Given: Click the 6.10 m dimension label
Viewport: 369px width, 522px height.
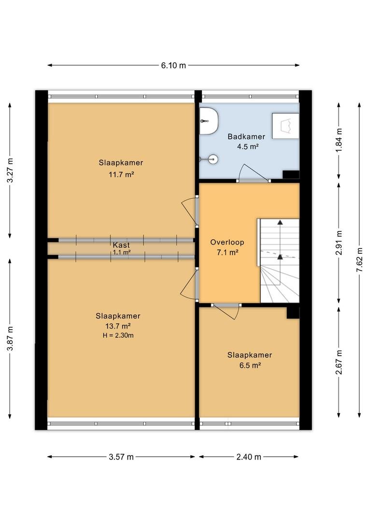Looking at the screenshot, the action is (173, 65).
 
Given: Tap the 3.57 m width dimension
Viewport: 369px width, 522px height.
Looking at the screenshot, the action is (121, 457).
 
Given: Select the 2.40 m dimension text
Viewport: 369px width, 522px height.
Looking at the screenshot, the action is (249, 457).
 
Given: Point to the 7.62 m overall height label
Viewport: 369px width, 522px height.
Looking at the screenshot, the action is (359, 260).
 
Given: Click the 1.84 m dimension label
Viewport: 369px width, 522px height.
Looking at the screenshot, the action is (339, 140).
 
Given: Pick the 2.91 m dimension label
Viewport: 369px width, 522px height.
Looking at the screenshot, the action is (339, 243).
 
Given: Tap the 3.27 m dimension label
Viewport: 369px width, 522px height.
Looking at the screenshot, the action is (10, 170).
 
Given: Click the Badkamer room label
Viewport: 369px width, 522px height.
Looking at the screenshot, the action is (246, 136).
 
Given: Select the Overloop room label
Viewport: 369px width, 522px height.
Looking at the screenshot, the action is (227, 242).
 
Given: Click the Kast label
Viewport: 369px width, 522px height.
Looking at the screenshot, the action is (121, 246).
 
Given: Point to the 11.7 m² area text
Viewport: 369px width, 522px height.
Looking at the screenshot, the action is (121, 174).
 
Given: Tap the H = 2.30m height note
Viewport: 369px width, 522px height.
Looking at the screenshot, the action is (118, 335).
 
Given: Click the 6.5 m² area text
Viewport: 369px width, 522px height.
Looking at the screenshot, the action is (250, 365).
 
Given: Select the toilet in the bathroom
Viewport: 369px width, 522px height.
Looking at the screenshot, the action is (209, 121).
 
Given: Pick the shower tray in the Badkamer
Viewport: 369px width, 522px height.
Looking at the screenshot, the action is (285, 126).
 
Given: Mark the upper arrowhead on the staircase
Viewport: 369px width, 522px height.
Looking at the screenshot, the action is (280, 222).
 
